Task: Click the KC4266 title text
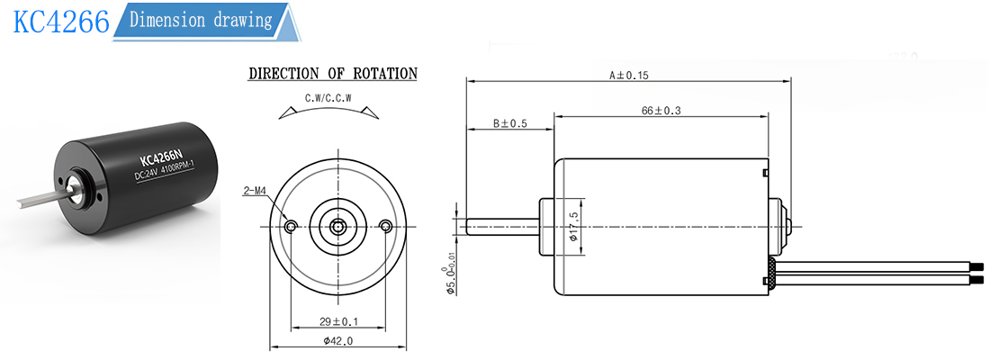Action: tap(61, 22)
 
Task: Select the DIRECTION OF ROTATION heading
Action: tap(333, 73)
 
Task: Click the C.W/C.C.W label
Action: tap(328, 98)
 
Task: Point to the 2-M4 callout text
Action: tap(255, 190)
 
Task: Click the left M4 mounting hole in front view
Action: tap(291, 226)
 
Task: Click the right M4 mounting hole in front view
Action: tap(386, 226)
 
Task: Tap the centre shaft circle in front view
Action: tap(338, 226)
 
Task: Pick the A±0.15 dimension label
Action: tap(629, 76)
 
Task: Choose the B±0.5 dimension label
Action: tap(509, 124)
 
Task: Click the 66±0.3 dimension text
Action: tap(661, 111)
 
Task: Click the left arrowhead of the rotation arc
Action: tap(286, 112)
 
